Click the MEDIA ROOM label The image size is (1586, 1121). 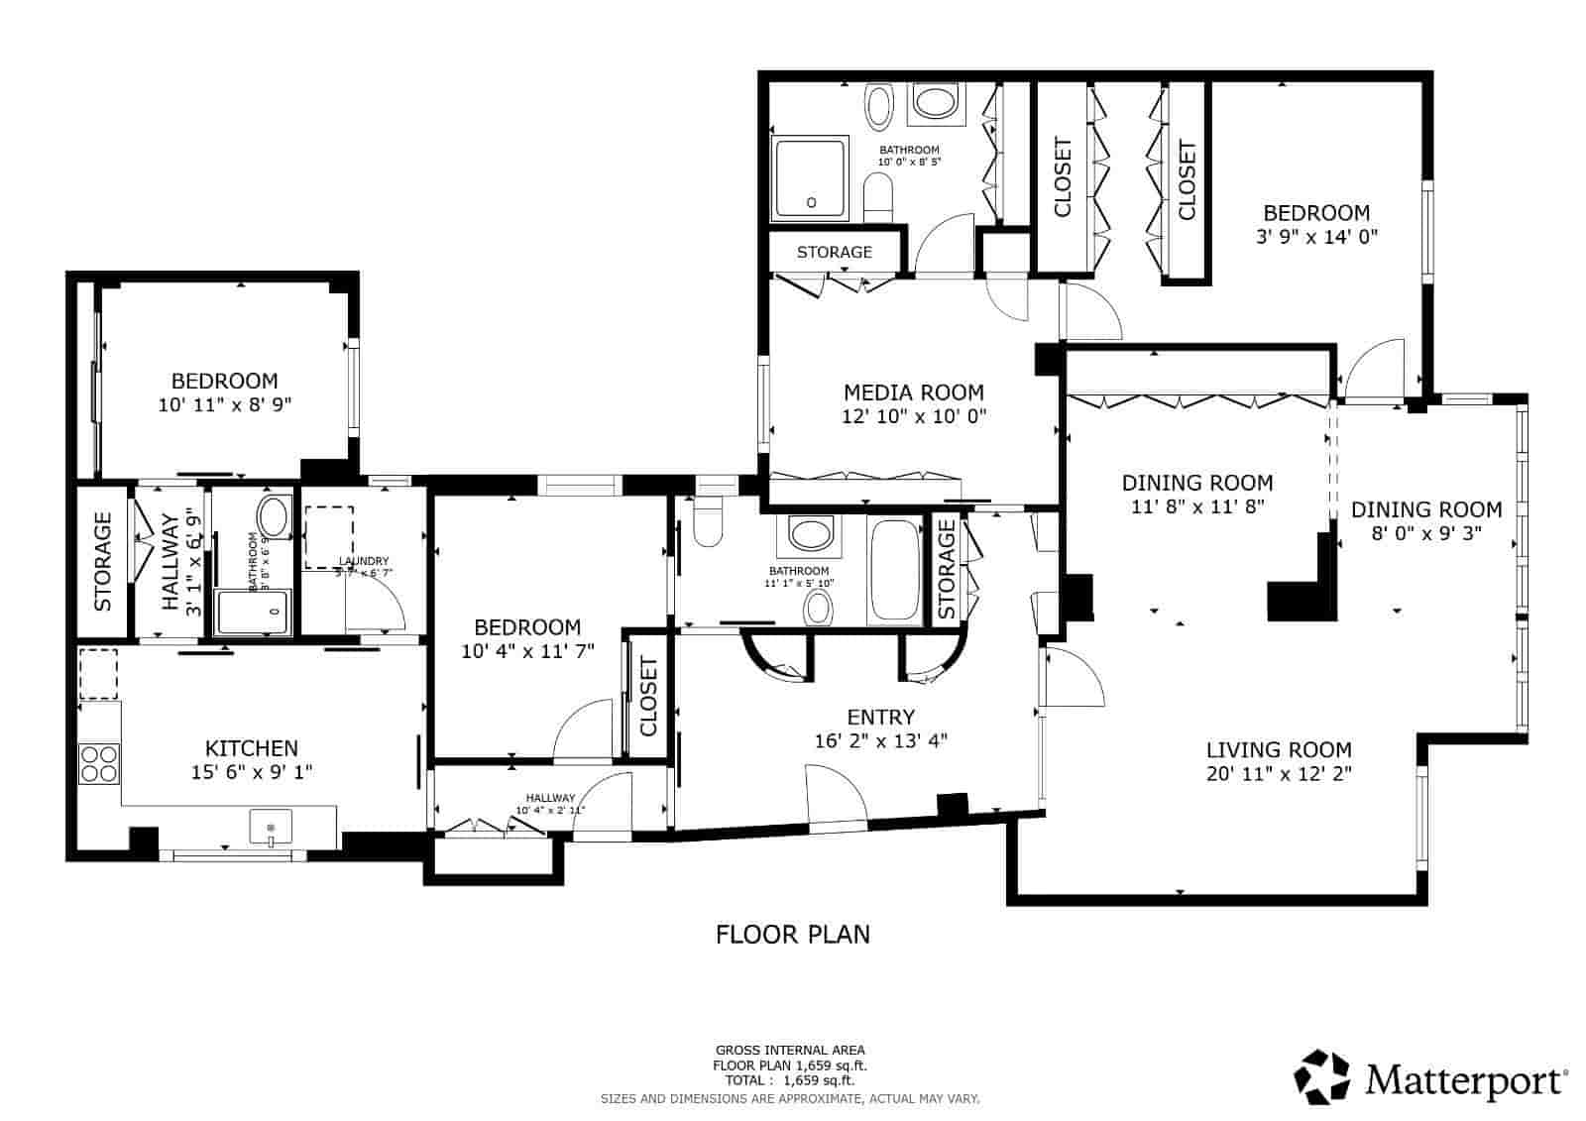click(x=913, y=392)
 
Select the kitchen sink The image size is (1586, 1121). click(x=271, y=826)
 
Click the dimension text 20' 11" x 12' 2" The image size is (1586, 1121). click(x=1279, y=774)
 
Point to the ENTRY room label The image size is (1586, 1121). click(x=880, y=717)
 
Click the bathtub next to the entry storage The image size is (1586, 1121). click(x=895, y=571)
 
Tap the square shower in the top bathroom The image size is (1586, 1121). click(x=811, y=177)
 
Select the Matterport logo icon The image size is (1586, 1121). click(x=1322, y=1077)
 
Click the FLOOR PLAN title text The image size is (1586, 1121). click(x=793, y=934)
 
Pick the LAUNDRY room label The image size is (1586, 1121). click(x=363, y=560)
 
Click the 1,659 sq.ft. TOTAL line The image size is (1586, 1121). click(x=791, y=1081)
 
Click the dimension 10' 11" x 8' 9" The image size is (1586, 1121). click(x=224, y=404)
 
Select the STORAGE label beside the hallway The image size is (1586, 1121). click(x=103, y=562)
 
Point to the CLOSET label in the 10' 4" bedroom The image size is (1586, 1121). click(x=649, y=698)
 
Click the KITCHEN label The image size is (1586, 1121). click(x=251, y=748)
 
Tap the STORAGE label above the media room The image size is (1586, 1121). click(x=835, y=252)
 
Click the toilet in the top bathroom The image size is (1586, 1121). click(x=878, y=195)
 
